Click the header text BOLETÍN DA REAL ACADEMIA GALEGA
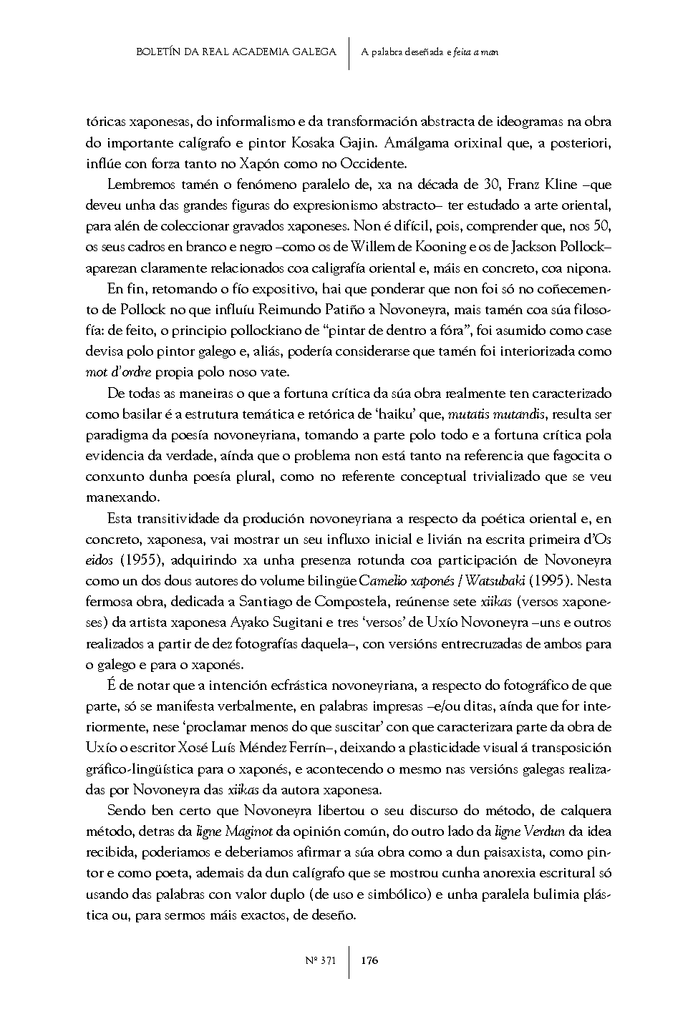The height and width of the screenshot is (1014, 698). pos(236,52)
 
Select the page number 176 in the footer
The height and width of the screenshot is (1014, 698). pos(369,960)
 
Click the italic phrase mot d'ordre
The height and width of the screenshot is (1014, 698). pos(118,373)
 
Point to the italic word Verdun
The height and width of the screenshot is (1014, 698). pos(542,832)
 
